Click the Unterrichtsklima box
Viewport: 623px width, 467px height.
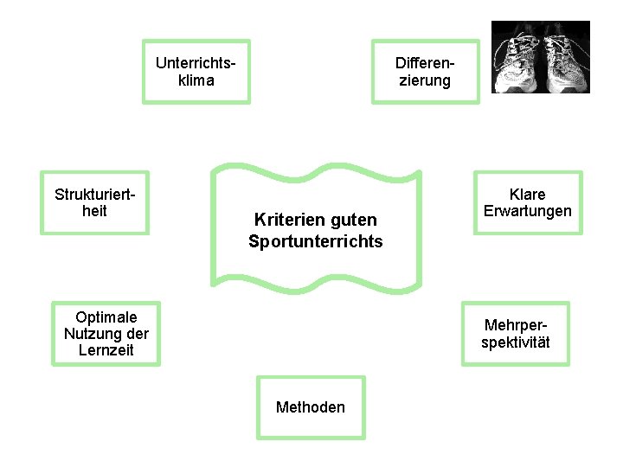coord(196,72)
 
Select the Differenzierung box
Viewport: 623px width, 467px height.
coord(424,72)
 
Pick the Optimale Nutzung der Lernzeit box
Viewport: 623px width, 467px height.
coord(106,334)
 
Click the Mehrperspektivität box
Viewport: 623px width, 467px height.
coord(516,334)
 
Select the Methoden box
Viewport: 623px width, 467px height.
coord(311,407)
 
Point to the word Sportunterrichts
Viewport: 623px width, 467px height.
coord(315,241)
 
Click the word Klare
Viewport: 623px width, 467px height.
coord(527,195)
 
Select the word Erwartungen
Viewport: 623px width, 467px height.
coord(527,211)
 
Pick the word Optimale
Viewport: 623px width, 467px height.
coord(106,317)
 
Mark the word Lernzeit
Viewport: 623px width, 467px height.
coord(106,350)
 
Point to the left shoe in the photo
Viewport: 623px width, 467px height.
coord(517,59)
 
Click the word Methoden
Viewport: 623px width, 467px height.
coord(311,407)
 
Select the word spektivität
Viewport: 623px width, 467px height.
coord(516,342)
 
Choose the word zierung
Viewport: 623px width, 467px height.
coord(424,80)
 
